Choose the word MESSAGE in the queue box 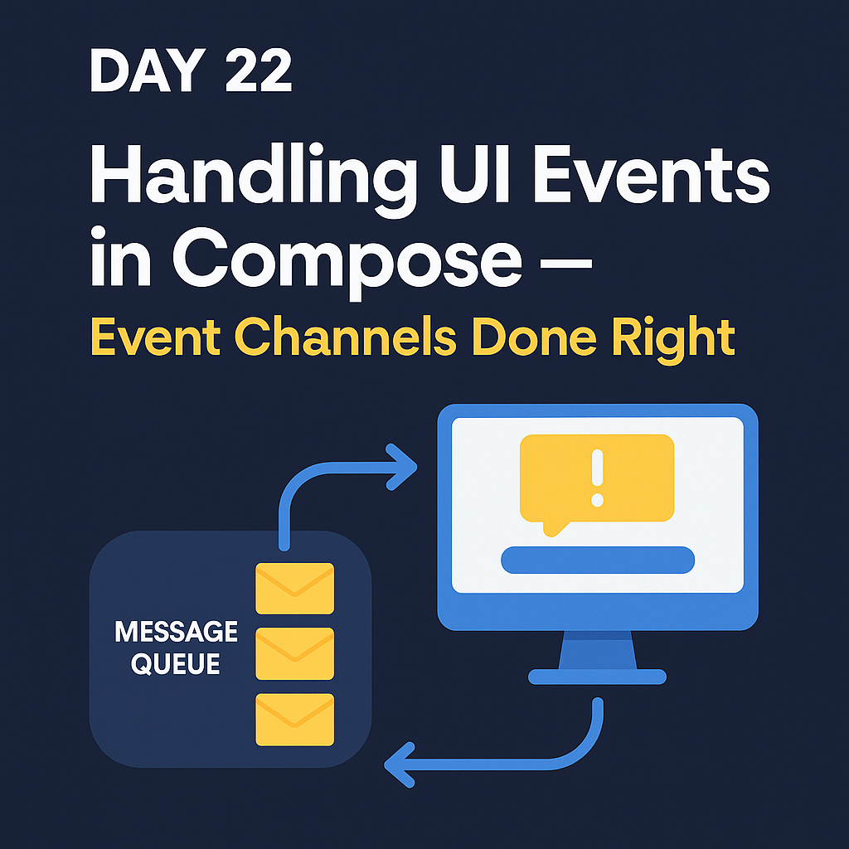(177, 633)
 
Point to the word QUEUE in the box (177, 664)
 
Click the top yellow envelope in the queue (295, 589)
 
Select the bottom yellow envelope (295, 719)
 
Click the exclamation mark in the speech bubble (596, 478)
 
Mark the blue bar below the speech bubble (597, 560)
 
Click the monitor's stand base (597, 677)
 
